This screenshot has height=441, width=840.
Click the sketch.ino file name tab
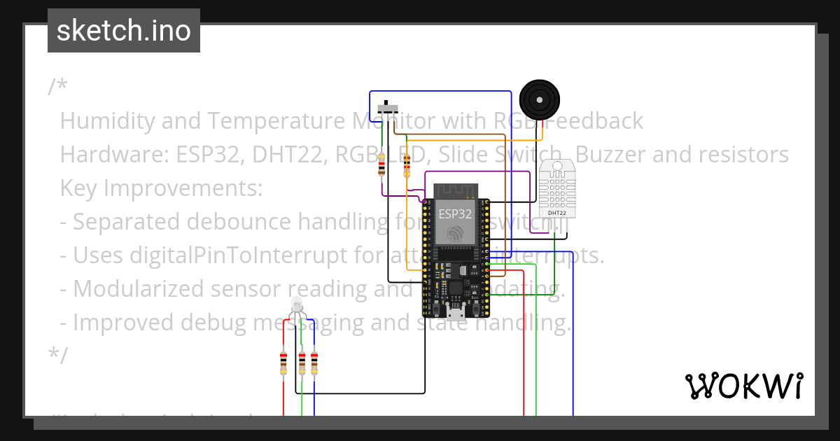tap(124, 31)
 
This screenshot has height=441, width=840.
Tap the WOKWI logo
tap(743, 386)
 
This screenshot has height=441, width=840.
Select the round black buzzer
tap(540, 99)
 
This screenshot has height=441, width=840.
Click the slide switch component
tap(388, 109)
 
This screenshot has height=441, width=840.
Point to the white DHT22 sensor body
tap(558, 187)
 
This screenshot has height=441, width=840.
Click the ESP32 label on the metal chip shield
tap(454, 213)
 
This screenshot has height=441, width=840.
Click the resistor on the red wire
tap(283, 363)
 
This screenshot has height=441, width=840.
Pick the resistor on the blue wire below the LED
tap(314, 363)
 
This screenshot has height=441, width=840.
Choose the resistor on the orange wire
tap(407, 167)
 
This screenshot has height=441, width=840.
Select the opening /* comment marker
tap(57, 87)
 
